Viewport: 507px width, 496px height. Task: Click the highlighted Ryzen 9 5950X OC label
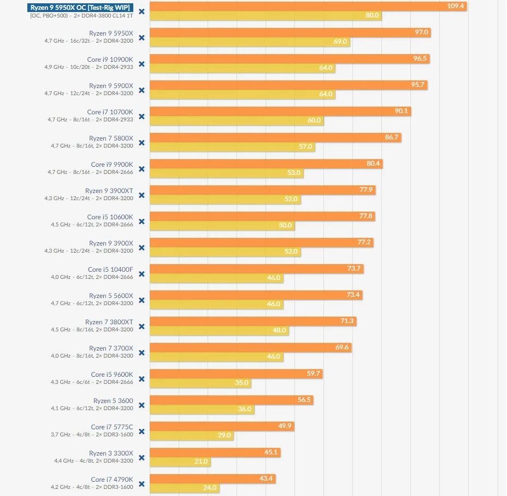[x=80, y=7]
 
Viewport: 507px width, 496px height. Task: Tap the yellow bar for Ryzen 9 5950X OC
[x=265, y=16]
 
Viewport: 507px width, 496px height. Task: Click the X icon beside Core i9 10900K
[x=142, y=64]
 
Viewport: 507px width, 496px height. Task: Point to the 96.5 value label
[x=420, y=59]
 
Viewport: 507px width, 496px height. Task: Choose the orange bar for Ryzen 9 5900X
[x=288, y=85]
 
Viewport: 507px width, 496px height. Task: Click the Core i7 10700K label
[x=110, y=112]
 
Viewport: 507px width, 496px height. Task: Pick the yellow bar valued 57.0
[x=232, y=147]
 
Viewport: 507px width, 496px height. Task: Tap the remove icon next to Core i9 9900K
[x=142, y=169]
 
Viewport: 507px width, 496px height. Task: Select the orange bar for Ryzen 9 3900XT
[x=262, y=190]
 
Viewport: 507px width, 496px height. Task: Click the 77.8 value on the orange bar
[x=365, y=216]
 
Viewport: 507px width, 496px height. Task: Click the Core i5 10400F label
[x=110, y=270]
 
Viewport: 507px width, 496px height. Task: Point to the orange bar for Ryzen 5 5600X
[x=256, y=295]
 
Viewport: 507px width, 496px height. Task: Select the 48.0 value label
[x=279, y=330]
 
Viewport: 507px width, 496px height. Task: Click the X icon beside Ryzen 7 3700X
[x=142, y=353]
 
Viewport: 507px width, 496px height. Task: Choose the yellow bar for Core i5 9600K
[x=200, y=383]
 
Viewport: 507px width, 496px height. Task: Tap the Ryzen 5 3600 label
[x=113, y=401]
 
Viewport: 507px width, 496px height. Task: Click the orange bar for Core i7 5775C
[x=222, y=426]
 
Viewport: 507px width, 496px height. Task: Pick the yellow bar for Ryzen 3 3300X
[x=180, y=462]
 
